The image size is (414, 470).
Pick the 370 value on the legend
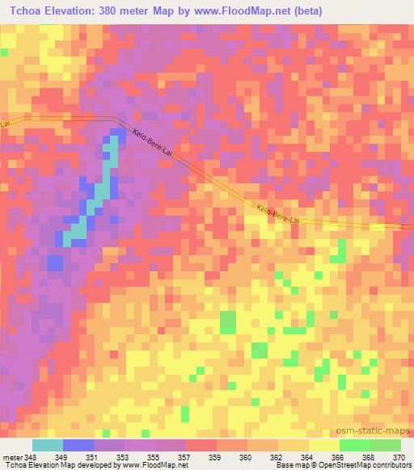[398, 458]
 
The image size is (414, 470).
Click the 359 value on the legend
[216, 458]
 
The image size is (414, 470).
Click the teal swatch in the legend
[48, 445]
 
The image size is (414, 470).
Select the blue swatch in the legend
[78, 445]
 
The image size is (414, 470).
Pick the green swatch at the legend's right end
[385, 445]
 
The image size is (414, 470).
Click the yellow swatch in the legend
[323, 445]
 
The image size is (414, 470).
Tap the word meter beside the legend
[12, 458]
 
